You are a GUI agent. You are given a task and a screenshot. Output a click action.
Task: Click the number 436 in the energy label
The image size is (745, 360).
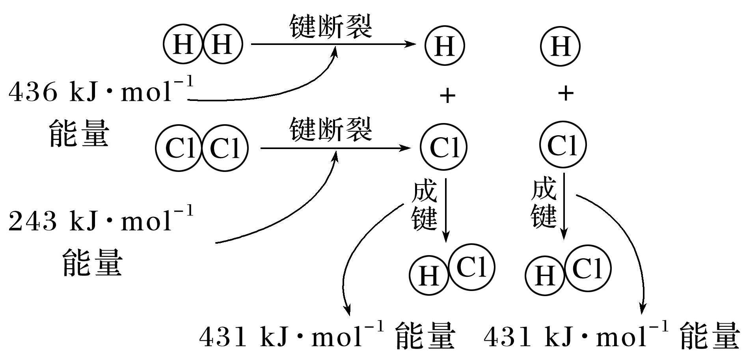[34, 93]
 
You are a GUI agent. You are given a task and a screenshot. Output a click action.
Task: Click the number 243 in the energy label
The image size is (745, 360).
[34, 221]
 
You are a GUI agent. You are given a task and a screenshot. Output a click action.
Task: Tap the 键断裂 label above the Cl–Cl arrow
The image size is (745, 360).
[331, 130]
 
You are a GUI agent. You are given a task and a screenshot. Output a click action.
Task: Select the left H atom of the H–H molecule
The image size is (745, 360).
[183, 44]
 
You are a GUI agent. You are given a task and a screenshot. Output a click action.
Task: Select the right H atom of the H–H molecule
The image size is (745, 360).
[222, 44]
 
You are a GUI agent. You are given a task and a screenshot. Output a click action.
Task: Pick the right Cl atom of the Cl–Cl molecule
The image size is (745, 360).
[225, 148]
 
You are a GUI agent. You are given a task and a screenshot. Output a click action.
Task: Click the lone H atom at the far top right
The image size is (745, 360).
[560, 46]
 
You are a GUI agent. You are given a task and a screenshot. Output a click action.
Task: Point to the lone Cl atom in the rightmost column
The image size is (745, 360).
[562, 145]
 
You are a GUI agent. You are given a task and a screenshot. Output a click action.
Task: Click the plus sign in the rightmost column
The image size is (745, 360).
[566, 93]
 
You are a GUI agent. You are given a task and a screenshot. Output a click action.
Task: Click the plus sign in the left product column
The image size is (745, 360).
[447, 95]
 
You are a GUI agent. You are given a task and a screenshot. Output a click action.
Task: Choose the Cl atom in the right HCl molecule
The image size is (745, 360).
[588, 269]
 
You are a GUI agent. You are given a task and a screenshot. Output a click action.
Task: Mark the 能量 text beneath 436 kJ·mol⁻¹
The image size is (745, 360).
[79, 134]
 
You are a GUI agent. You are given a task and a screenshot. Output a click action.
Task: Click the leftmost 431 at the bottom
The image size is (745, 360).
[223, 338]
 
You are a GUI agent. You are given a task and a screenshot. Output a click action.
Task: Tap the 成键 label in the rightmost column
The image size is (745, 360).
[544, 203]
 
